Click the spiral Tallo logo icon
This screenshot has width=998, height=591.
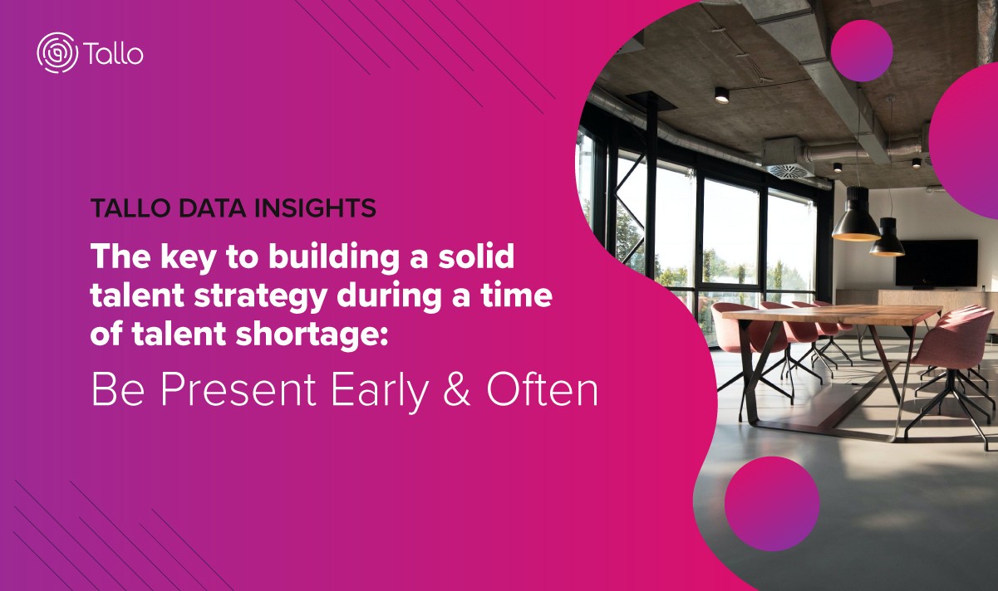(x=57, y=52)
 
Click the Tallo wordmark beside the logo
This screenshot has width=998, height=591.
(x=113, y=53)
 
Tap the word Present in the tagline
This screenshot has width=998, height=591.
(x=238, y=390)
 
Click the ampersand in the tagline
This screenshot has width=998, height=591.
(x=457, y=390)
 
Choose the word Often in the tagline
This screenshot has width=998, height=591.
(x=543, y=389)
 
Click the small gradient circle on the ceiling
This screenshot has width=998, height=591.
(x=862, y=51)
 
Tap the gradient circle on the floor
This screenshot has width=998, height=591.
(x=772, y=504)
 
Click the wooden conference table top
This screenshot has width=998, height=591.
(x=831, y=315)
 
